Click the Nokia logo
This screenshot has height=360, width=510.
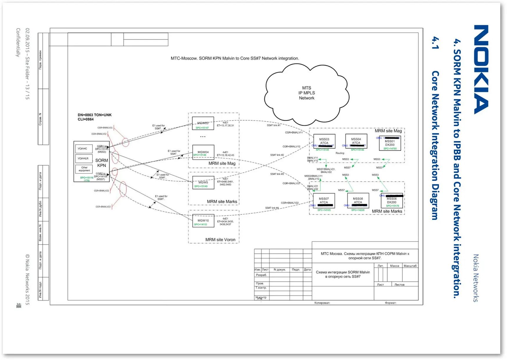pyautogui.click(x=481, y=69)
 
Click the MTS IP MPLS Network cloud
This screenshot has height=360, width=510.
pyautogui.click(x=307, y=93)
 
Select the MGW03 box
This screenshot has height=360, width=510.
pyautogui.click(x=203, y=123)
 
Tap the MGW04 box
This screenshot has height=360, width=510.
pyautogui.click(x=203, y=152)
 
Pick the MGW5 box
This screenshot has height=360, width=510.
pyautogui.click(x=203, y=183)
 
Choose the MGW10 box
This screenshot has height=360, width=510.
pyautogui.click(x=203, y=220)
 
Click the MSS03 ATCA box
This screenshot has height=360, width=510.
pyautogui.click(x=324, y=141)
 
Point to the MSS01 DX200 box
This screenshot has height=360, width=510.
pyautogui.click(x=390, y=143)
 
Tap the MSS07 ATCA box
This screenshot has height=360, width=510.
pyautogui.click(x=324, y=201)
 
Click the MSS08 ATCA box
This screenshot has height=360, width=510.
pyautogui.click(x=358, y=201)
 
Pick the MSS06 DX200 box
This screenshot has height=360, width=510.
pyautogui.click(x=392, y=201)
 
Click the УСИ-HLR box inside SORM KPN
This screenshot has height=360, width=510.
pyautogui.click(x=83, y=158)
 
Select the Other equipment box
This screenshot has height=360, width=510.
pyautogui.click(x=84, y=169)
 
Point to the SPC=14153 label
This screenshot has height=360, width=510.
pyautogui.click(x=201, y=225)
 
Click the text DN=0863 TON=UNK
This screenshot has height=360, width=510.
pyautogui.click(x=95, y=115)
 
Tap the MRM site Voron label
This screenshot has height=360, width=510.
pyautogui.click(x=220, y=240)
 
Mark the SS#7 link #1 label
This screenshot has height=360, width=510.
pyautogui.click(x=274, y=125)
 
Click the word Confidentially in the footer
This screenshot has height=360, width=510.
pyautogui.click(x=18, y=42)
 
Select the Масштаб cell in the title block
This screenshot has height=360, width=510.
pyautogui.click(x=410, y=266)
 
